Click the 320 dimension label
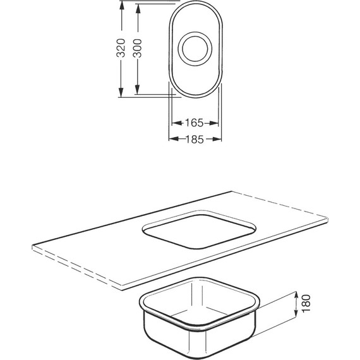point(121,48)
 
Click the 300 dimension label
point(138,48)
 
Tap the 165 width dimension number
point(195,123)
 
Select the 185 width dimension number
point(195,139)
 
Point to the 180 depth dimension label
point(306,304)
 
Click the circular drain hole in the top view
point(195,49)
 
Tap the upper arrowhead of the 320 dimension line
point(121,5)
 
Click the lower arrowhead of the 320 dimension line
point(121,92)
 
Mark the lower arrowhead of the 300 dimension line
point(137,90)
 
